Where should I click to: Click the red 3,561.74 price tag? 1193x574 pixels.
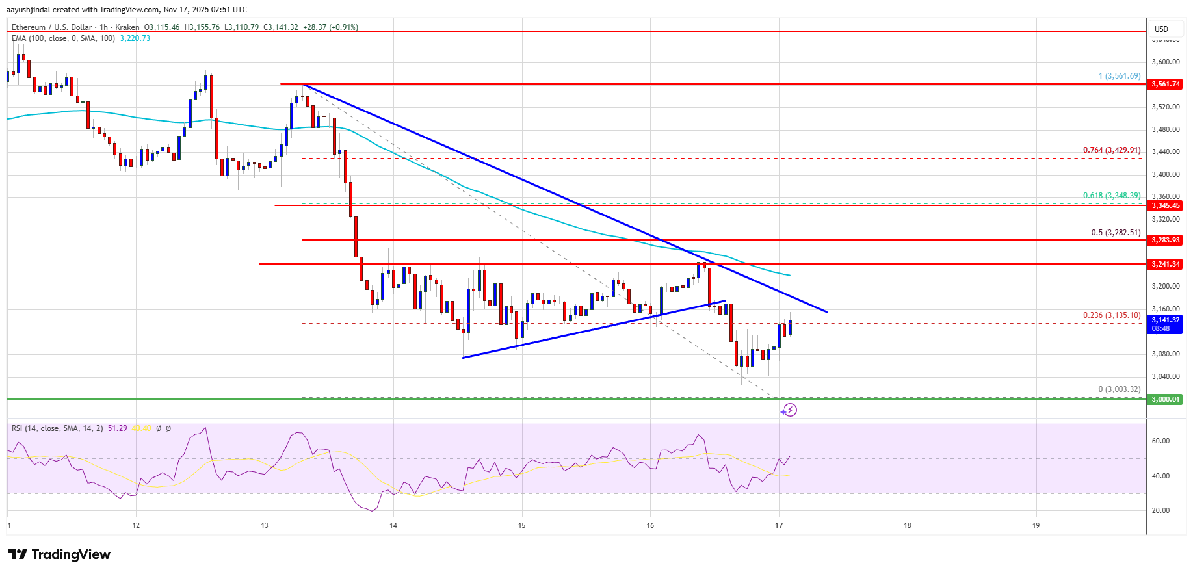point(1165,84)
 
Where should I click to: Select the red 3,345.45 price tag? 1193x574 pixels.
point(1165,205)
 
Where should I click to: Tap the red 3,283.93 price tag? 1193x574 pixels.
point(1165,240)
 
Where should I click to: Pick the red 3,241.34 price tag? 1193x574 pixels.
point(1165,264)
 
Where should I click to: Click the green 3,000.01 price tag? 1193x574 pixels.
point(1165,399)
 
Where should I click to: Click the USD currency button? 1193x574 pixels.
point(1161,29)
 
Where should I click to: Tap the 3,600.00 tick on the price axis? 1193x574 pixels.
point(1165,62)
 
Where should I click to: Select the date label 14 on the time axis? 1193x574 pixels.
point(393,525)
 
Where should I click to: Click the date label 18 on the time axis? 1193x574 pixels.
point(908,525)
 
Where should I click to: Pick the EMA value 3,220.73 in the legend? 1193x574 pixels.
point(135,38)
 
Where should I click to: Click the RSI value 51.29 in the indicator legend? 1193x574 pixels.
point(117,428)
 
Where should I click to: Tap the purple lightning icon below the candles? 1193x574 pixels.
point(789,410)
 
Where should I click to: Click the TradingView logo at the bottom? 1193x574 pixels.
point(59,554)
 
